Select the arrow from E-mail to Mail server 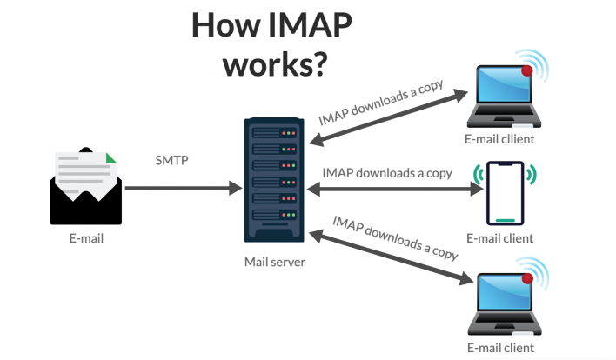click(x=183, y=187)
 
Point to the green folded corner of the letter click(x=109, y=160)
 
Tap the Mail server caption click(x=274, y=260)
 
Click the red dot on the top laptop click(x=526, y=70)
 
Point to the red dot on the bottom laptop click(x=526, y=278)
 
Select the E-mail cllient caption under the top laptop click(x=499, y=138)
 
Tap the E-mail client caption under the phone click(x=499, y=237)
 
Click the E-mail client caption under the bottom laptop click(x=499, y=348)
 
